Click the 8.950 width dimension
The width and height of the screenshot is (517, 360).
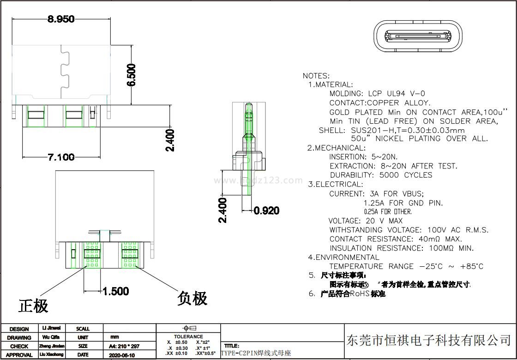point(60,19)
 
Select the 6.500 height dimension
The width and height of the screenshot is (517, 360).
point(132,75)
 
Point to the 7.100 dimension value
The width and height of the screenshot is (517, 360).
point(61,157)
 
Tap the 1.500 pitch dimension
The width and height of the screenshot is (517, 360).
point(115,291)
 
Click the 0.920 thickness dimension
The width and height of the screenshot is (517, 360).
point(266,211)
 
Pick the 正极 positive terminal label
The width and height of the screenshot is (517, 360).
point(33,305)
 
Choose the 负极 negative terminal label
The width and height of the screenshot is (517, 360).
point(192,299)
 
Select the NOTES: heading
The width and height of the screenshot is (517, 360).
point(316,76)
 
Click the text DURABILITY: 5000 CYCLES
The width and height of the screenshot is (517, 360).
point(381,175)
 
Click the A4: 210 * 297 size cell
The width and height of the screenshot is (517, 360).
point(124,346)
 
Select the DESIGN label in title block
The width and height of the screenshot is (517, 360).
point(19,329)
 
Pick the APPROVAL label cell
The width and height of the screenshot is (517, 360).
point(19,355)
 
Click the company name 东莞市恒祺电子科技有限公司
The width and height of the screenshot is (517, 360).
point(429,341)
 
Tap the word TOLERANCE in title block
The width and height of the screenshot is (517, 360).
point(188,337)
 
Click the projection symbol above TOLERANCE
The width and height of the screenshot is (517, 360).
point(188,328)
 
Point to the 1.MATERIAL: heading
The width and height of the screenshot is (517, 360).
point(331,85)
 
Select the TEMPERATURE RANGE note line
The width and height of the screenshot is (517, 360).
point(406,266)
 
